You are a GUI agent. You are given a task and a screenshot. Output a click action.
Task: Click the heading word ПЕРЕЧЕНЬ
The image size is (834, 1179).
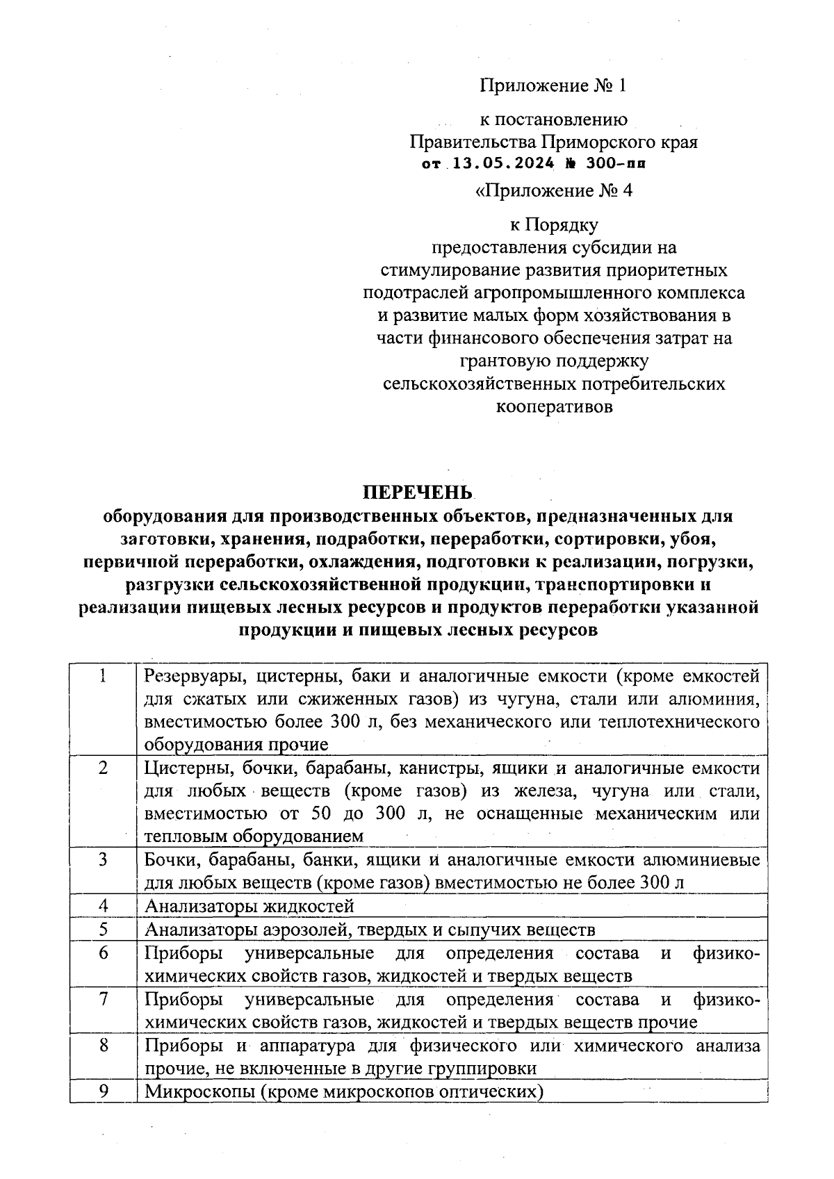tap(416, 493)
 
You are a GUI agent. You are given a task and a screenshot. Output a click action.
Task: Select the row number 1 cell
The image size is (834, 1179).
tap(103, 676)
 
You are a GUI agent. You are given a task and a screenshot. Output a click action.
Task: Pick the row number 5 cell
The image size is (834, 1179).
tap(103, 929)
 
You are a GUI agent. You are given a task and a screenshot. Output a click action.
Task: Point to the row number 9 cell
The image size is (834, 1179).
tap(103, 1091)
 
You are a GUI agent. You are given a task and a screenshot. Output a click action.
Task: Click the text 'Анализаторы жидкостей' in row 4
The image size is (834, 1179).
tap(250, 907)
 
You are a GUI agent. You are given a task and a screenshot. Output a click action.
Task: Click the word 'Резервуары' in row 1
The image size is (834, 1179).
tap(190, 676)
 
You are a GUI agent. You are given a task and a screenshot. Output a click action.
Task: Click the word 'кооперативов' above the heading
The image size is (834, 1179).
tap(555, 406)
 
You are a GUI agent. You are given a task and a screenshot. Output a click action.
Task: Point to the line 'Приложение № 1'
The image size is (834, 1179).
tap(553, 85)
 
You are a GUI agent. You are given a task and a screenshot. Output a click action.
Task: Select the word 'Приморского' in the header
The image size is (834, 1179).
tap(593, 142)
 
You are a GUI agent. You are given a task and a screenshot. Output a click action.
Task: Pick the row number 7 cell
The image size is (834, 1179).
tap(103, 1000)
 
